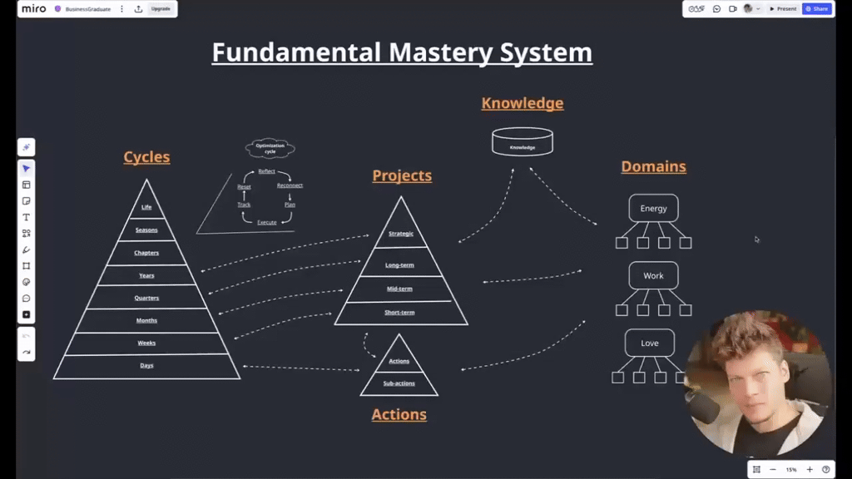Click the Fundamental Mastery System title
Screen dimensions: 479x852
click(402, 52)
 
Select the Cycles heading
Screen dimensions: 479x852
click(146, 157)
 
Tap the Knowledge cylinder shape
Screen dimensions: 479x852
click(523, 142)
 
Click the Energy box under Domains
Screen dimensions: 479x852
click(653, 208)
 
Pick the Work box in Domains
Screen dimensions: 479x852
click(653, 275)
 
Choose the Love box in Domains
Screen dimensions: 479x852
click(650, 343)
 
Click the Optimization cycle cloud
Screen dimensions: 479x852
click(270, 149)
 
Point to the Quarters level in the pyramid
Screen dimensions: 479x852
click(146, 298)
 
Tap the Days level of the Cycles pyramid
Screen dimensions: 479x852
click(146, 366)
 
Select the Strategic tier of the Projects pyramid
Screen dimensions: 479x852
click(401, 234)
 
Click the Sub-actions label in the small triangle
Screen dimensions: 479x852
click(399, 383)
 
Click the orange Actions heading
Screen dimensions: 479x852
click(399, 414)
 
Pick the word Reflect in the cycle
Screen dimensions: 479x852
click(266, 171)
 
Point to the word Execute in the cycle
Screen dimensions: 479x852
click(266, 222)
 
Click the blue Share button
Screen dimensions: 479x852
click(817, 8)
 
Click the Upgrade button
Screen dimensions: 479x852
click(161, 8)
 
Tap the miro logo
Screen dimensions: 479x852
click(34, 8)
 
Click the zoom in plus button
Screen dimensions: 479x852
click(810, 469)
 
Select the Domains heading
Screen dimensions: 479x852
click(653, 166)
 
